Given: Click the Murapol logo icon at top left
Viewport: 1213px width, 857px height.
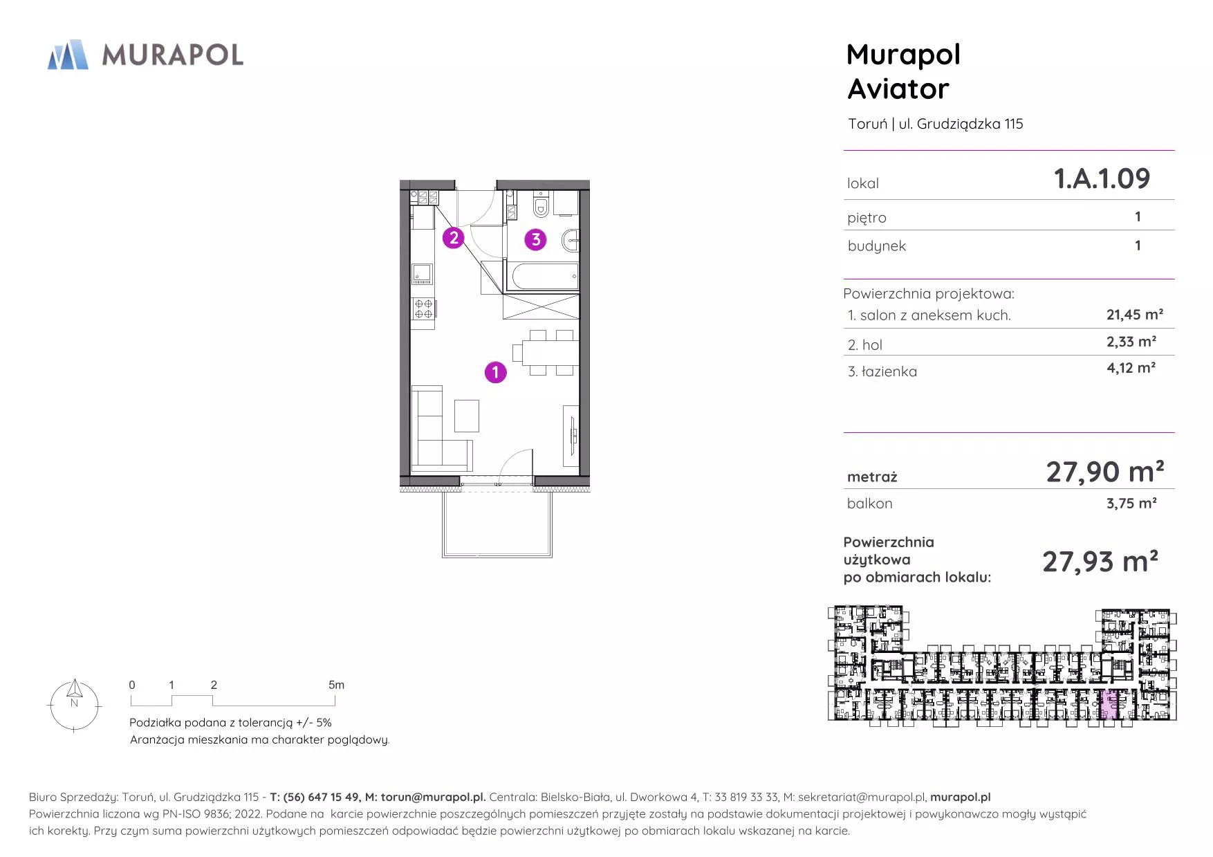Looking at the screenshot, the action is [68, 55].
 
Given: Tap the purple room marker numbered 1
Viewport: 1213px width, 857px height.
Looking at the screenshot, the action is [495, 372].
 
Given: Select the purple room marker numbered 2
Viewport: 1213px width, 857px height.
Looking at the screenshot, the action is [453, 238].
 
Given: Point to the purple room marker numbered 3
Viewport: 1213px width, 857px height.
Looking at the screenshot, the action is [535, 240].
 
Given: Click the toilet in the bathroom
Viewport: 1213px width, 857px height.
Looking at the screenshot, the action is [541, 205].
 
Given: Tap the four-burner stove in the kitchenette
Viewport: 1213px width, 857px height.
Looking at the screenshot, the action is [424, 308].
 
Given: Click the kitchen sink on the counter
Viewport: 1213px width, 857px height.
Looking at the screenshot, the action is [422, 274].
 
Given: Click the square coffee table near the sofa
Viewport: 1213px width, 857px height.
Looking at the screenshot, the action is [467, 416].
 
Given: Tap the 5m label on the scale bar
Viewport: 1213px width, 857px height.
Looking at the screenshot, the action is [336, 685].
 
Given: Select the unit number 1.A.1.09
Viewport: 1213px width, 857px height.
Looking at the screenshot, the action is [1102, 178].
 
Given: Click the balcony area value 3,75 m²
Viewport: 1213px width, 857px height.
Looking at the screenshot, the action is [1131, 503].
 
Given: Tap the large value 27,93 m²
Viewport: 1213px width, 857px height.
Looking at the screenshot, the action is [1100, 561].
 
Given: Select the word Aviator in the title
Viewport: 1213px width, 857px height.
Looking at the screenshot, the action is [898, 89].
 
